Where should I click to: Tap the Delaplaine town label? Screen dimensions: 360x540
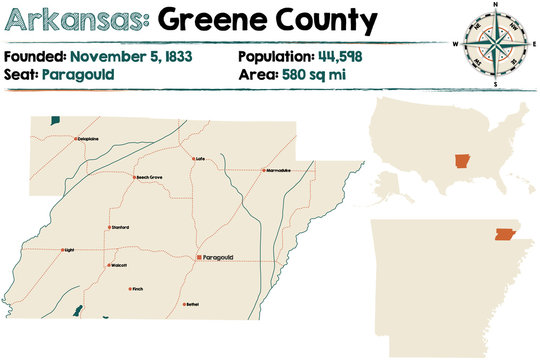pyautogui.click(x=89, y=139)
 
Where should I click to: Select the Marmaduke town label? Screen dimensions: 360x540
pyautogui.click(x=279, y=170)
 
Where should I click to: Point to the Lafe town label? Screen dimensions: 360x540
pyautogui.click(x=201, y=159)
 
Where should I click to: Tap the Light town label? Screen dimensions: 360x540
pyautogui.click(x=69, y=250)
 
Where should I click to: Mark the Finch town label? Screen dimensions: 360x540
pyautogui.click(x=138, y=289)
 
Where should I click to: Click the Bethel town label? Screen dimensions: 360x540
pyautogui.click(x=192, y=304)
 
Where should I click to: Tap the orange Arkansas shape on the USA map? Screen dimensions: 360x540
pyautogui.click(x=461, y=164)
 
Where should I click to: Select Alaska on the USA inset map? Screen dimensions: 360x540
pyautogui.click(x=391, y=181)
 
